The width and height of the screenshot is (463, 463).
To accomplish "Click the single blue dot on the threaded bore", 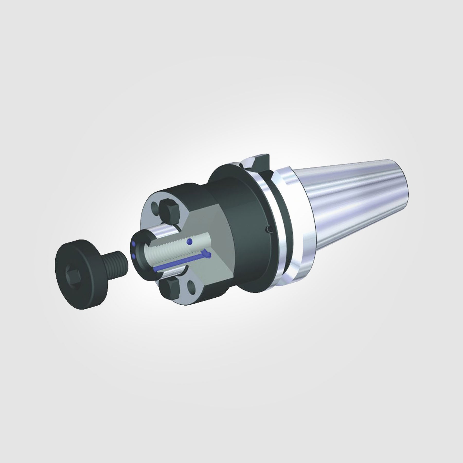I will pos(190,241).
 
